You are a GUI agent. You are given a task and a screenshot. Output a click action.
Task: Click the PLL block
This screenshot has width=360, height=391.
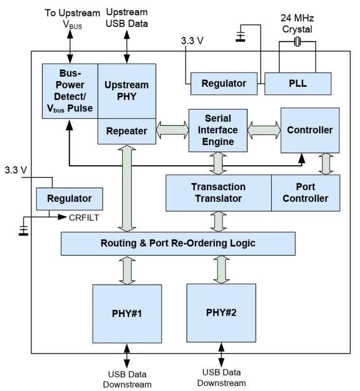pyautogui.click(x=298, y=84)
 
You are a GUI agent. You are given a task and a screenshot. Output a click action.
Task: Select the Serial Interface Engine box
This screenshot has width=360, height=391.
pyautogui.click(x=218, y=130)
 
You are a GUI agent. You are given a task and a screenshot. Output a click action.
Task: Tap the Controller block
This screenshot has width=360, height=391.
pyautogui.click(x=309, y=130)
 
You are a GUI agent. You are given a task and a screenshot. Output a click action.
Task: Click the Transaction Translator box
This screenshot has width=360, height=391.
pyautogui.click(x=218, y=193)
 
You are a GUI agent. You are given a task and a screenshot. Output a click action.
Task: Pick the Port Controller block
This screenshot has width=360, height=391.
pyautogui.click(x=305, y=193)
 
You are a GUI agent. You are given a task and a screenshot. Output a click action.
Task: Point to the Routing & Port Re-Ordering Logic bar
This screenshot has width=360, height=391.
pyautogui.click(x=178, y=243)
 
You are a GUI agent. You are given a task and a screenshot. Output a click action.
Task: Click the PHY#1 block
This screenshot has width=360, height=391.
pyautogui.click(x=126, y=313)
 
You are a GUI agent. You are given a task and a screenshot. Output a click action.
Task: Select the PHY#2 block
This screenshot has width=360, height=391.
pyautogui.click(x=221, y=312)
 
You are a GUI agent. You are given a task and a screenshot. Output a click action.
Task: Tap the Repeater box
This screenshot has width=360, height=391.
pyautogui.click(x=126, y=131)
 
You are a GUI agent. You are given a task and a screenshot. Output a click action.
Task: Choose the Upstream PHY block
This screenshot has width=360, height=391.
pyautogui.click(x=126, y=90)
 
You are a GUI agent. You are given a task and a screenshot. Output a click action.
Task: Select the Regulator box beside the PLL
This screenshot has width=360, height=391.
pyautogui.click(x=224, y=84)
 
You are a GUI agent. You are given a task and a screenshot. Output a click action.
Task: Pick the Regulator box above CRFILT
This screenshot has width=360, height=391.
pyautogui.click(x=69, y=198)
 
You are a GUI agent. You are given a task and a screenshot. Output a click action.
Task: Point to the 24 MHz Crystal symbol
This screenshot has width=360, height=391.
pyautogui.click(x=298, y=43)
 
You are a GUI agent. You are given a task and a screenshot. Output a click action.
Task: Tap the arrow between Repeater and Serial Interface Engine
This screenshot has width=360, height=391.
pyautogui.click(x=172, y=130)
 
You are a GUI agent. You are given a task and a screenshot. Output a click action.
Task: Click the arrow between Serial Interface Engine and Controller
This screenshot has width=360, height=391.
pyautogui.click(x=264, y=130)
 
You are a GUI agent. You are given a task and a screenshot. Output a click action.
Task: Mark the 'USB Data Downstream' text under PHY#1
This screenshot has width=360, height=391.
pyautogui.click(x=128, y=380)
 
